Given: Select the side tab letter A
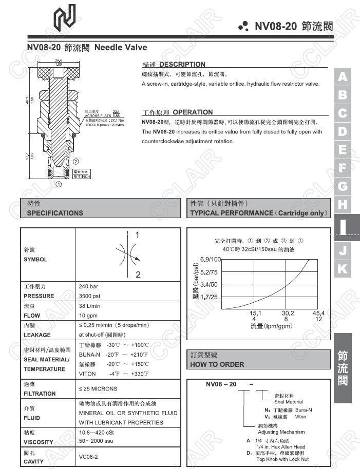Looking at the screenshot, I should pos(343,77).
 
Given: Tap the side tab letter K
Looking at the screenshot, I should pos(343,268).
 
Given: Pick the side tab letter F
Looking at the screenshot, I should pos(343,168).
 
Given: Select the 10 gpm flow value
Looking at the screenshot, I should pos(88,316).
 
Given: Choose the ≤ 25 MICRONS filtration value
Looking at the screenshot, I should pos(98,389).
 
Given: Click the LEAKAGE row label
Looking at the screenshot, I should pos(37,335).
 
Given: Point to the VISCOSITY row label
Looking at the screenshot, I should pos(39,442).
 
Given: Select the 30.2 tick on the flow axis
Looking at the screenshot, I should pos(288,313).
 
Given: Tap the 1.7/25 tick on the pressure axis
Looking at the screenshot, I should pos(209,297).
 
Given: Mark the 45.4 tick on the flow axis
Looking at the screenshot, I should pos(319,313).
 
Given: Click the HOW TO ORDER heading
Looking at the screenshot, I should pos(217,364).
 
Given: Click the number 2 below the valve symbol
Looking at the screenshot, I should pos(138,275).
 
